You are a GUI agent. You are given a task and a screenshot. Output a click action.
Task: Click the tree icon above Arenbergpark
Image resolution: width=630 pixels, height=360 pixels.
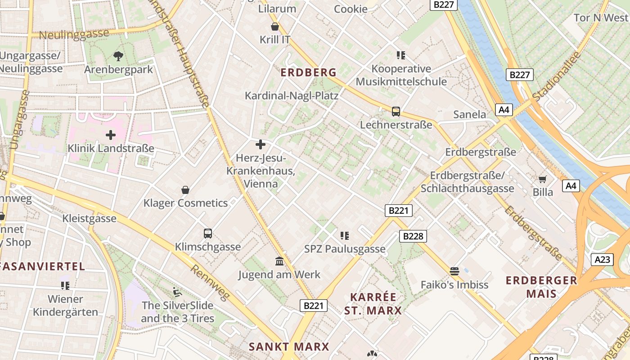(x=118, y=56)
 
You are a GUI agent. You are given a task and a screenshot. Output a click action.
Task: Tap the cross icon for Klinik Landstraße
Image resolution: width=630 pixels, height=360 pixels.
(x=110, y=135)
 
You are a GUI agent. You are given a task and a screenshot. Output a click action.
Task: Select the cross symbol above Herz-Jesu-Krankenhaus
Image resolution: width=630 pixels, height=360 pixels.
(x=260, y=144)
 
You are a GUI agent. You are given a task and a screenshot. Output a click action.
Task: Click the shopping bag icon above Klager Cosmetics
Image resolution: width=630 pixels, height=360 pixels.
(x=185, y=190)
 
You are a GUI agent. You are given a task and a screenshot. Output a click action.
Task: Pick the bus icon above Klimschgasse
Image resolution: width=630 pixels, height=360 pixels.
(x=207, y=234)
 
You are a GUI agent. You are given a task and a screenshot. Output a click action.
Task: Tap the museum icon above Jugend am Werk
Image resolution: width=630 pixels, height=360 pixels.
(x=279, y=261)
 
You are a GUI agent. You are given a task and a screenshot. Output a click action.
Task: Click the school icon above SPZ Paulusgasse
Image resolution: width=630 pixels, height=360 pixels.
(x=345, y=235)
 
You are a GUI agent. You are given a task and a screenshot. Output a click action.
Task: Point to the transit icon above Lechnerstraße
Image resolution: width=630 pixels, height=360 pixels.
(x=396, y=111)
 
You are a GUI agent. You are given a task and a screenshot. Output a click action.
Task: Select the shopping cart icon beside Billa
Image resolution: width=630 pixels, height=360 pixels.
(x=543, y=179)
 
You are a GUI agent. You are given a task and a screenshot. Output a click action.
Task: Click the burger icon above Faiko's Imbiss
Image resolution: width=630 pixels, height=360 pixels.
(x=454, y=271)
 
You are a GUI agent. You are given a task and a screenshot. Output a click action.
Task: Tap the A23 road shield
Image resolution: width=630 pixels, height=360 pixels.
(x=602, y=260)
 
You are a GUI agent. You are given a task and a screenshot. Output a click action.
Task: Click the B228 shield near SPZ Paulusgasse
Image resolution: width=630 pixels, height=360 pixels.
(x=413, y=236)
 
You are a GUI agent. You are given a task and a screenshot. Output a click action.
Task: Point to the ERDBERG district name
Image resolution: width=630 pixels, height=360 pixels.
(x=308, y=72)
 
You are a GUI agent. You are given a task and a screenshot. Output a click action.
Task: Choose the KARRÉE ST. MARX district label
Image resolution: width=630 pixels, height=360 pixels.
(x=373, y=304)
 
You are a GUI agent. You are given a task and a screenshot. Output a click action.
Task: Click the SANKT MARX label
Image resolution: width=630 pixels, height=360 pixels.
(x=289, y=346)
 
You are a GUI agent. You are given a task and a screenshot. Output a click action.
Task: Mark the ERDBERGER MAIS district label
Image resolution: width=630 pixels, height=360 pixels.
(x=541, y=287)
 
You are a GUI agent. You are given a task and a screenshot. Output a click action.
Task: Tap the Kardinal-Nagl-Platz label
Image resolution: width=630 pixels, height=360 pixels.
(x=291, y=95)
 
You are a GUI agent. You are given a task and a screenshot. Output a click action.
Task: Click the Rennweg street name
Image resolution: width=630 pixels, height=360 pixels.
(x=210, y=283)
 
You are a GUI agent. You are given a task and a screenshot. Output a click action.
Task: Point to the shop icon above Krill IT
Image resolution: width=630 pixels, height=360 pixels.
(x=275, y=27)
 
